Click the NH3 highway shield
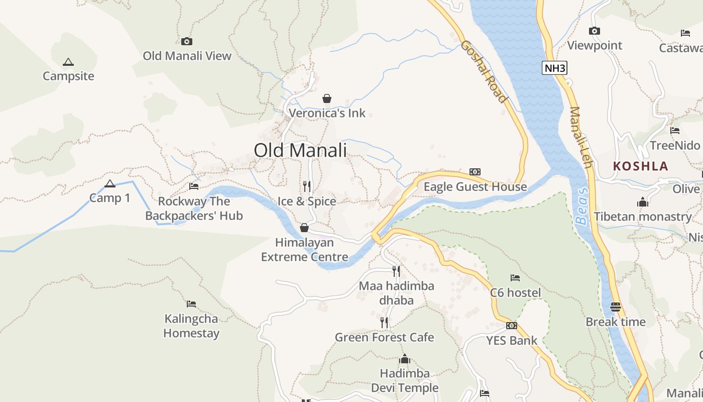[x=554, y=68]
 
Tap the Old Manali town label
[x=300, y=150]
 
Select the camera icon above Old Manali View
[x=187, y=41]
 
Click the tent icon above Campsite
[x=68, y=62]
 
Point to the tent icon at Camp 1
[x=110, y=183]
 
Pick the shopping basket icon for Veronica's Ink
[x=327, y=98]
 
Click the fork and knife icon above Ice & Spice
[x=307, y=186]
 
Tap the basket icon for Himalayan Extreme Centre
[x=304, y=228]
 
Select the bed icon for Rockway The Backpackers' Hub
[x=194, y=186]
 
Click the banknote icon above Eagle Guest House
[x=475, y=172]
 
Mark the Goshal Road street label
[x=483, y=71]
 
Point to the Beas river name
[x=581, y=206]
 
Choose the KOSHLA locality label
[x=641, y=166]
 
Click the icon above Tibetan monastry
[x=643, y=202]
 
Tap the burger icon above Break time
[x=616, y=307]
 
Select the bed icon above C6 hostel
[x=515, y=277]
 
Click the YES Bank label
[x=512, y=341]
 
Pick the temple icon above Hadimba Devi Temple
[x=405, y=359]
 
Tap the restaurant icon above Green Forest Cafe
[x=384, y=322]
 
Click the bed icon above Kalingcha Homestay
[x=191, y=304]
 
